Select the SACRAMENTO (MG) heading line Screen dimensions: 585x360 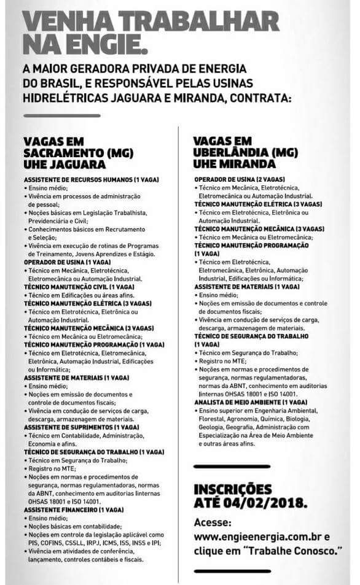[78, 153]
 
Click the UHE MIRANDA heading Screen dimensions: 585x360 [234, 164]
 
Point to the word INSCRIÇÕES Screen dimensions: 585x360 [232, 490]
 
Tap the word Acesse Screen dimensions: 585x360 [213, 522]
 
